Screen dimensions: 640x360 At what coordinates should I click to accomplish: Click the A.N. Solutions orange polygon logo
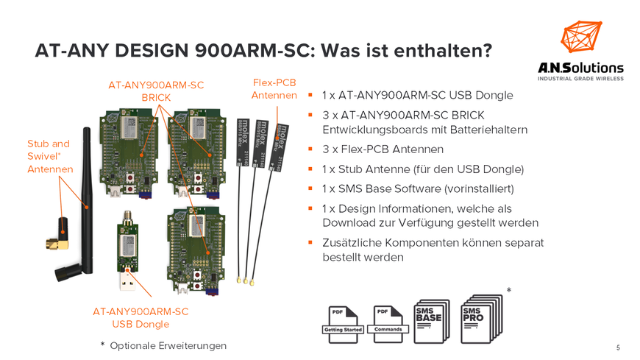(x=581, y=37)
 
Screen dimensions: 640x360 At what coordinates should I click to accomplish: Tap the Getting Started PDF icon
(x=343, y=325)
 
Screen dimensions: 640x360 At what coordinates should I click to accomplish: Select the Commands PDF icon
(x=388, y=325)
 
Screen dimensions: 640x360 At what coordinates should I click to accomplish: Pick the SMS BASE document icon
(x=432, y=321)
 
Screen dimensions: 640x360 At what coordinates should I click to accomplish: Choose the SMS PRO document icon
(x=482, y=319)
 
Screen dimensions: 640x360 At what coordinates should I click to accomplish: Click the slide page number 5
(x=618, y=347)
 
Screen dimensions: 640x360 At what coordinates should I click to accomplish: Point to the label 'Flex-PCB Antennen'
(x=274, y=89)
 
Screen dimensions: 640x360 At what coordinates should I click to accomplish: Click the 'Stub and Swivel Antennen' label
(x=50, y=157)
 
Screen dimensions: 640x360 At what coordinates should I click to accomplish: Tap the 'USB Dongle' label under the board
(x=141, y=325)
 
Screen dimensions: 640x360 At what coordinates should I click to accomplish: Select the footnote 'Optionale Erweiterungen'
(x=168, y=346)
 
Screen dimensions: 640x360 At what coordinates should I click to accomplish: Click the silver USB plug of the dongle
(x=127, y=280)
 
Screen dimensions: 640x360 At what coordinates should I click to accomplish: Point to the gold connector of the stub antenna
(x=57, y=244)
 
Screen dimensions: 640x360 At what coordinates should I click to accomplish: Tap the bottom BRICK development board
(x=196, y=250)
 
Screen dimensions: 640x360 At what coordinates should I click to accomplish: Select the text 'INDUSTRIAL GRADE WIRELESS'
(x=580, y=79)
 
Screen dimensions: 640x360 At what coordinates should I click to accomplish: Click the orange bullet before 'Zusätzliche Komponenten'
(x=310, y=242)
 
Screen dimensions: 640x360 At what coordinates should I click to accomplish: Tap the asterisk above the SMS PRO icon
(x=509, y=290)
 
